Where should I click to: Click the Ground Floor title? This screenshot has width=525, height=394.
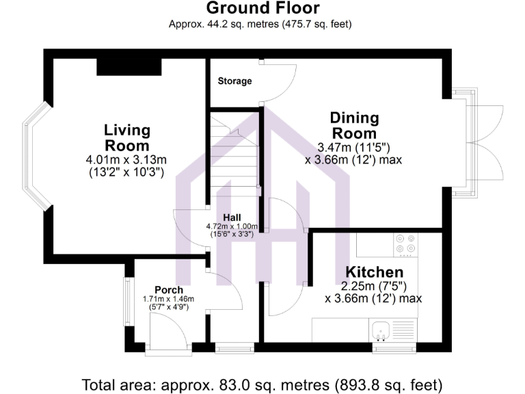coord(262,8)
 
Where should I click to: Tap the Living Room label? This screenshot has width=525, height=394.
coord(127,137)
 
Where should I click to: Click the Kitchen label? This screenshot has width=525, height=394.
coord(373,272)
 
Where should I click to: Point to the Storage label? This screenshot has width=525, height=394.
coord(234,81)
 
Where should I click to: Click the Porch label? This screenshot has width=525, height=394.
coord(168,290)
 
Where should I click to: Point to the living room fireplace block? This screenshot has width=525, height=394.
coord(129,66)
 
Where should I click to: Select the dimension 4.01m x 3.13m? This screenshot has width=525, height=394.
coord(126,159)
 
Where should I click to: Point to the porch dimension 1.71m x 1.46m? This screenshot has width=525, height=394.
coord(168,299)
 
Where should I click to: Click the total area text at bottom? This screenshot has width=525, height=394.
coord(262,384)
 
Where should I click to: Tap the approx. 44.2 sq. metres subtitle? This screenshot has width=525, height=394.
coord(262,25)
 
